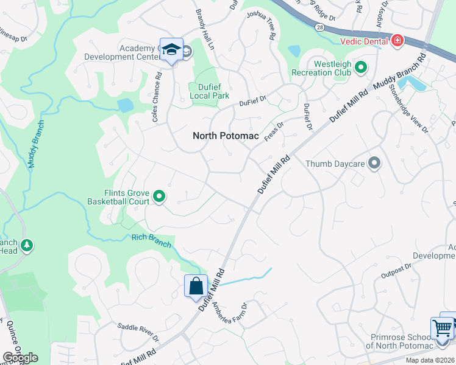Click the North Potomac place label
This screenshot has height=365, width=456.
tap(226, 136)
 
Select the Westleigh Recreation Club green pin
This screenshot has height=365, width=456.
tap(361, 68)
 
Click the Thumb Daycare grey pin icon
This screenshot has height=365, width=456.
tap(374, 163)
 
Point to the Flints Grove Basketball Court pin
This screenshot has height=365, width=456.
tap(159, 196)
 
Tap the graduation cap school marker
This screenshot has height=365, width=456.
tap(172, 50)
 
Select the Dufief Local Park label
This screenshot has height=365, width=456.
tap(209, 91)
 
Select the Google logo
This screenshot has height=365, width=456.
tap(20, 358)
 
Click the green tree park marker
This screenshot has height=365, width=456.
tap(27, 245)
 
